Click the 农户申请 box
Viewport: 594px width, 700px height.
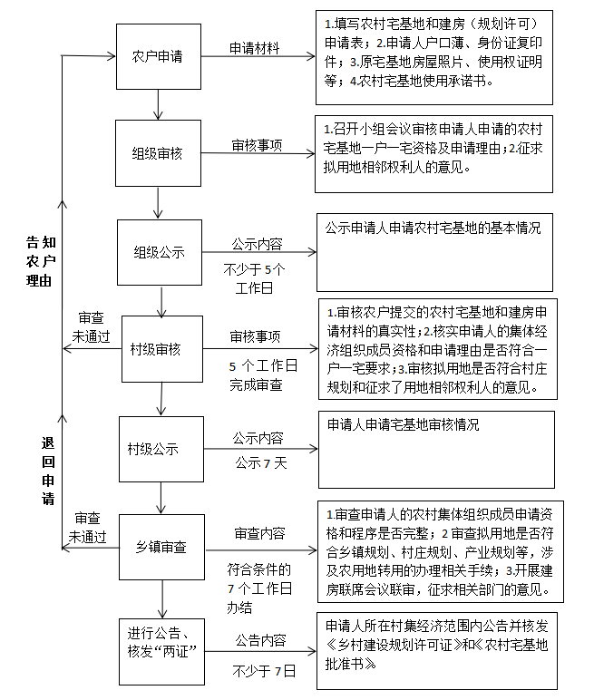pyautogui.click(x=158, y=56)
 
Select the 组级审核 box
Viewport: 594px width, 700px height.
pyautogui.click(x=158, y=153)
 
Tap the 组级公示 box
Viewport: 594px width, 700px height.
pyautogui.click(x=159, y=253)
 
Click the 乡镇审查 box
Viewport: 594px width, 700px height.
pyautogui.click(x=161, y=547)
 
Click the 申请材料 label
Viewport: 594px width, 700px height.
pyautogui.click(x=254, y=46)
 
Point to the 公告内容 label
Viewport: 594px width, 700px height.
pyautogui.click(x=258, y=640)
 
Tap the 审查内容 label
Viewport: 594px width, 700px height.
pyautogui.click(x=258, y=534)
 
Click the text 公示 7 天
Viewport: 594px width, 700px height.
pyautogui.click(x=259, y=462)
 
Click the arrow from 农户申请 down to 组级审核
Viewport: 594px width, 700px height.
pyautogui.click(x=159, y=102)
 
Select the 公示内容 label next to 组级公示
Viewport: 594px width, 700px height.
pyautogui.click(x=257, y=244)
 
